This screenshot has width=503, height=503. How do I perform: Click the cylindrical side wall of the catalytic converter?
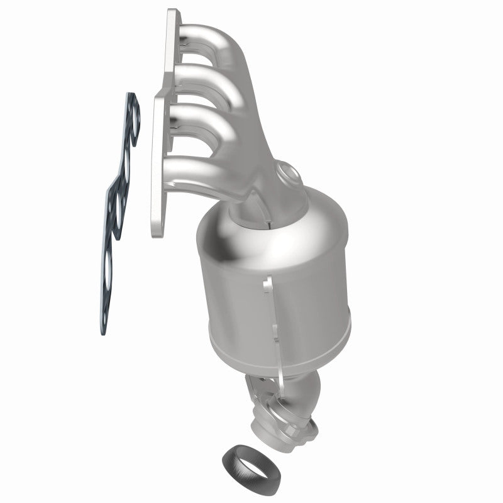click(239, 296)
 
